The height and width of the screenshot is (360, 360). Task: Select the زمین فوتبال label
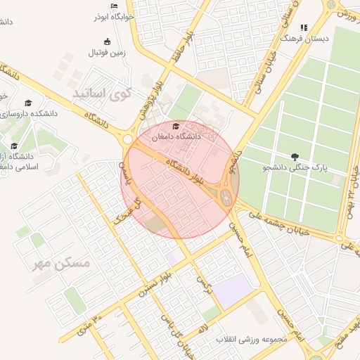pyautogui.click(x=106, y=53)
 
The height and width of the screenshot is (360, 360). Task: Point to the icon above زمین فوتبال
pyautogui.click(x=107, y=41)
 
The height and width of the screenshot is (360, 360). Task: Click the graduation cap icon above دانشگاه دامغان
pyautogui.click(x=176, y=126)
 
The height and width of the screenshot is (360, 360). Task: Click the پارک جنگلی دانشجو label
pyautogui.click(x=295, y=167)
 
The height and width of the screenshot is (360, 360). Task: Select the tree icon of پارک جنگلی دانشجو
pyautogui.click(x=294, y=155)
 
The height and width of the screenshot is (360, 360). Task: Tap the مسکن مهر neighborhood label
pyautogui.click(x=61, y=264)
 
